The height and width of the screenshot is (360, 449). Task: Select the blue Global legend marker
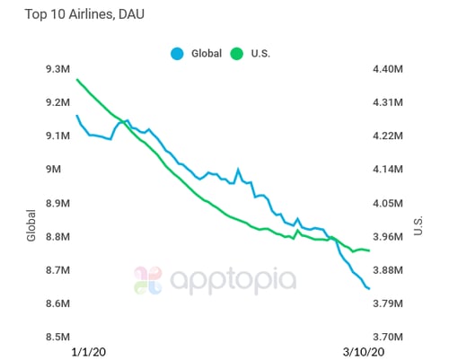(x=179, y=53)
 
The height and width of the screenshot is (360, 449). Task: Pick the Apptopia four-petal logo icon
(x=149, y=280)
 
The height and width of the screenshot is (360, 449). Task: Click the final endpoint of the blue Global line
(x=370, y=289)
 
